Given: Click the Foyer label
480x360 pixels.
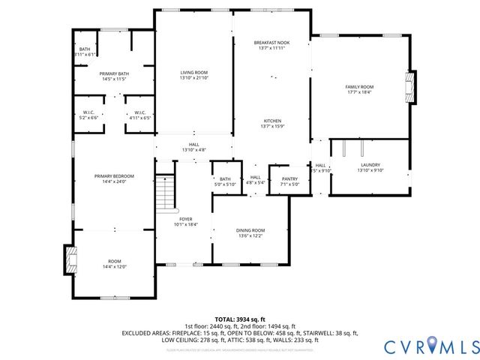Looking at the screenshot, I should point(184,220).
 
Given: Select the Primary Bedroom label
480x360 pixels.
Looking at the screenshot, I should point(109,178).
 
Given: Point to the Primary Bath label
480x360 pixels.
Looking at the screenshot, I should point(115,76).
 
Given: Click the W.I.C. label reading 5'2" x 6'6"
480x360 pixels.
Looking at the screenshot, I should point(88,115).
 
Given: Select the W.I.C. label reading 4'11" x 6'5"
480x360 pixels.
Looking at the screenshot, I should point(139,115).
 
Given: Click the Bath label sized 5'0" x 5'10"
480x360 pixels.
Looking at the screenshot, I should point(225,181).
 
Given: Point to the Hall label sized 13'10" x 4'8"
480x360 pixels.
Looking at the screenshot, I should point(194,147).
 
